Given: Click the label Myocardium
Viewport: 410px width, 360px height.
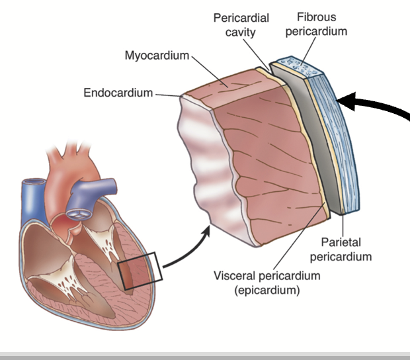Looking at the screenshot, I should pyautogui.click(x=157, y=55).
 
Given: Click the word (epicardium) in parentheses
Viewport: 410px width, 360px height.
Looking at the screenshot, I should pyautogui.click(x=263, y=290).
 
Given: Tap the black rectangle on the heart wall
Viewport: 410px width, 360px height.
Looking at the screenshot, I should pyautogui.click(x=141, y=271).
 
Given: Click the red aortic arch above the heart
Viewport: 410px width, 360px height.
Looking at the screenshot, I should pyautogui.click(x=66, y=165).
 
